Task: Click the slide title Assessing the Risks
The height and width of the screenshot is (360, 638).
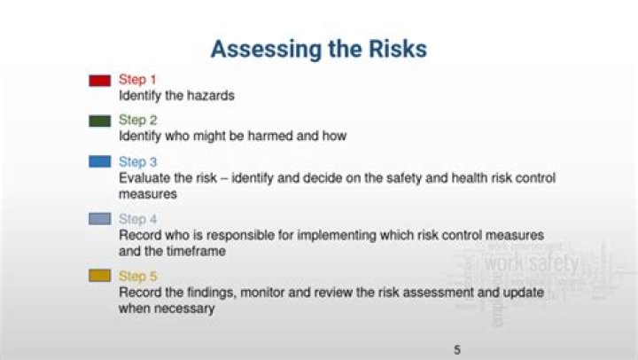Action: pyautogui.click(x=318, y=49)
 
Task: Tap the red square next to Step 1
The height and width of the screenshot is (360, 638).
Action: pyautogui.click(x=99, y=81)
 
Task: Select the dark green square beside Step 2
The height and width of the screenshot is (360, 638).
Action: pyautogui.click(x=99, y=121)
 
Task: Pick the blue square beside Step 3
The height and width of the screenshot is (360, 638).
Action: pyautogui.click(x=99, y=162)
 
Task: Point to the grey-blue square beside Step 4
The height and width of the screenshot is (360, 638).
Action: pyautogui.click(x=99, y=219)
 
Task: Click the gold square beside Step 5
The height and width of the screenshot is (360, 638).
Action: pyautogui.click(x=99, y=276)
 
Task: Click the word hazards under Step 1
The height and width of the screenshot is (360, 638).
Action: pyautogui.click(x=210, y=96)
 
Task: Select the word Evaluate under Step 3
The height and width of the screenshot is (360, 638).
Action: pyautogui.click(x=144, y=177)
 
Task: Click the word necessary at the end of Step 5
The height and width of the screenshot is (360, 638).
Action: pyautogui.click(x=184, y=308)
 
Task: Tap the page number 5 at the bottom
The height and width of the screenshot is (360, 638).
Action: pyautogui.click(x=457, y=349)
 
